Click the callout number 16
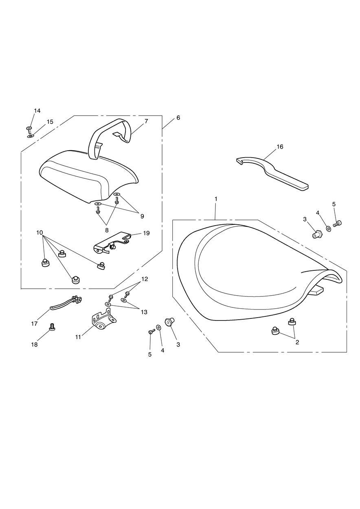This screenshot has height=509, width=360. [x=280, y=147]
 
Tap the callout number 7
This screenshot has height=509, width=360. [x=146, y=121]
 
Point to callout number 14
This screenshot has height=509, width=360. [x=37, y=111]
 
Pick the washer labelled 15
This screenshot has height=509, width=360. [x=31, y=136]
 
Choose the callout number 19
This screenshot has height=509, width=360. [x=146, y=233]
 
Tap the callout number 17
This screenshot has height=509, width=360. [x=34, y=324]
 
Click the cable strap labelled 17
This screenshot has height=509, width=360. [x=65, y=304]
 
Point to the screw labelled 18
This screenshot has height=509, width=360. [x=52, y=326]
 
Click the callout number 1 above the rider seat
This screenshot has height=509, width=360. [x=216, y=199]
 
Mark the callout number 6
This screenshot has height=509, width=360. [x=178, y=118]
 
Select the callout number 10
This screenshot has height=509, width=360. [x=40, y=233]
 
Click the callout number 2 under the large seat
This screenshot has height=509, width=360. [x=297, y=342]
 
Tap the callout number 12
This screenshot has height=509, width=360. [x=145, y=279]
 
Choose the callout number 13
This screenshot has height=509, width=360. [x=144, y=312]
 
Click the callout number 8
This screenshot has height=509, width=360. [x=107, y=230]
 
